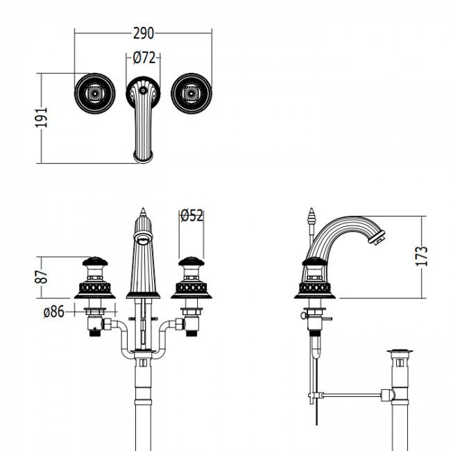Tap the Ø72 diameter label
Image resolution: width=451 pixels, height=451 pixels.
point(143,58)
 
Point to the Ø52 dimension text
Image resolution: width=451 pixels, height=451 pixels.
point(192,216)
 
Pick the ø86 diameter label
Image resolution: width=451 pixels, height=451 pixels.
point(54,312)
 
